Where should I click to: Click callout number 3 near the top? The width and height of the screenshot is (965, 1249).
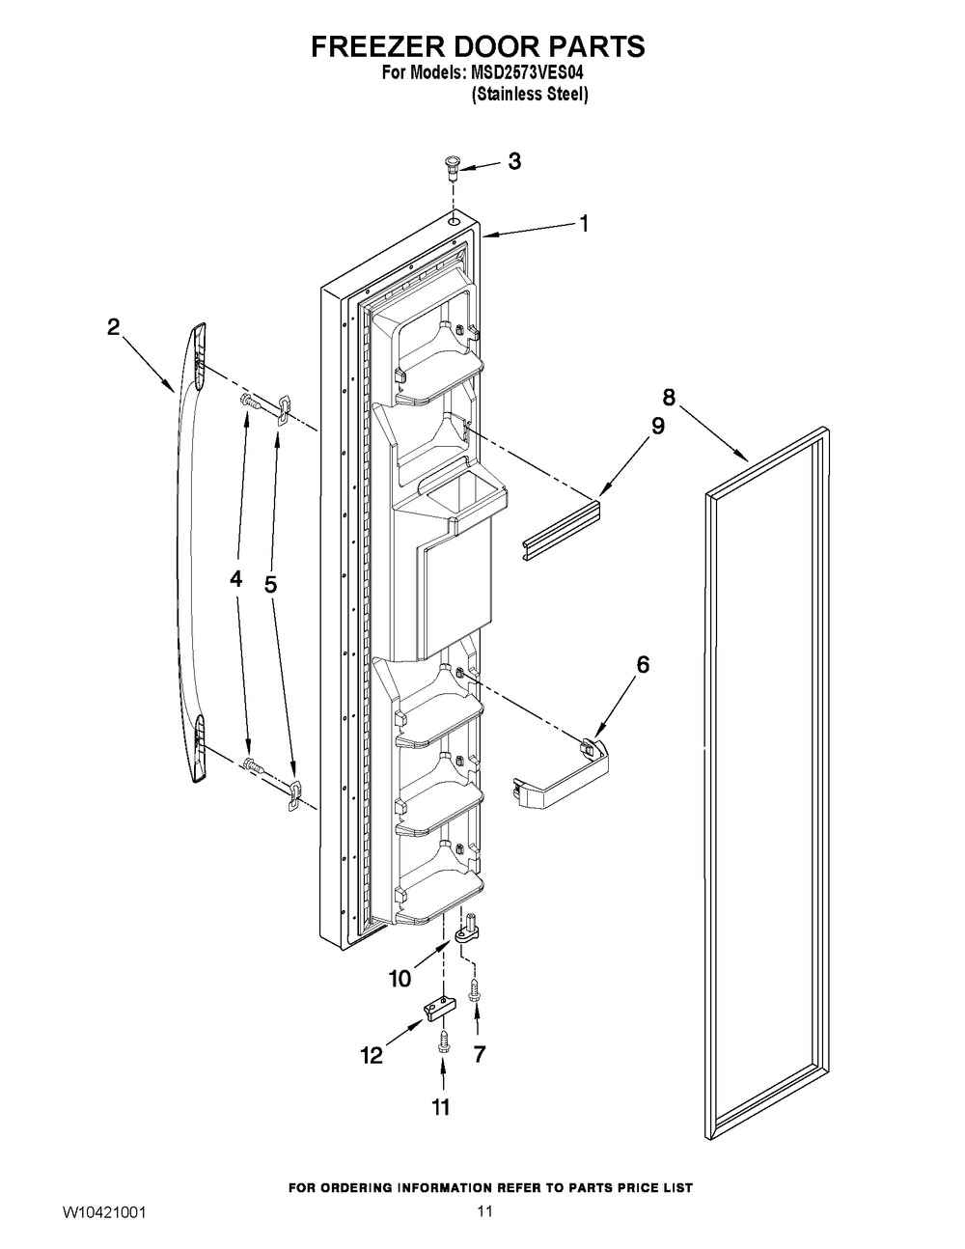[514, 161]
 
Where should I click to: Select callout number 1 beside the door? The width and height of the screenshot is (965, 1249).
[584, 224]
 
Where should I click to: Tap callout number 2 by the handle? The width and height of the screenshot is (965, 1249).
[113, 327]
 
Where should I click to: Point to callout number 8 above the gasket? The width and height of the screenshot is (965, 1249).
[669, 397]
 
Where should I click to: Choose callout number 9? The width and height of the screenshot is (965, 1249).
[657, 426]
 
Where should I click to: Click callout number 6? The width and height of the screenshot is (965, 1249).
[643, 665]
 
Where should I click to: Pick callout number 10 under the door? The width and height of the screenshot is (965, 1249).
[400, 978]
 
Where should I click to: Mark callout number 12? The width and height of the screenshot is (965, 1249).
[372, 1055]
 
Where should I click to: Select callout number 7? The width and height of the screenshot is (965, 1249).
[479, 1054]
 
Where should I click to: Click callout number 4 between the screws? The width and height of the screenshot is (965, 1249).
[236, 580]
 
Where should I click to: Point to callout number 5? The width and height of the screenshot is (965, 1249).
[270, 585]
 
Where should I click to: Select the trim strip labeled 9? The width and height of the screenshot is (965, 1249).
[562, 530]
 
